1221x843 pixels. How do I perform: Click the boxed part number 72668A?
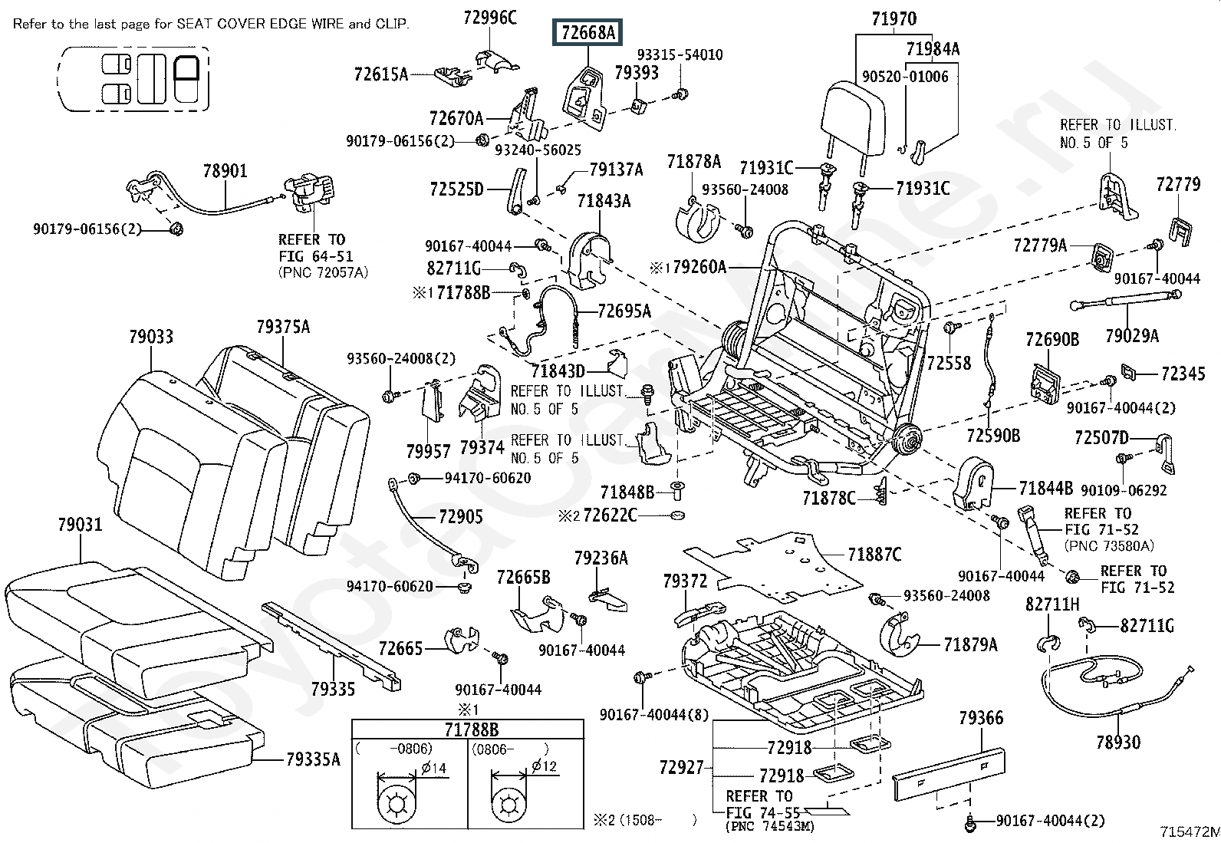[x=587, y=33]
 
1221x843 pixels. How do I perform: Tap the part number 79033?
[x=151, y=337]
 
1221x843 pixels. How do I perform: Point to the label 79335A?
[x=313, y=759]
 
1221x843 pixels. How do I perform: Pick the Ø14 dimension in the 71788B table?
[x=434, y=768]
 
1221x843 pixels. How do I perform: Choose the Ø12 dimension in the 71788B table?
[x=544, y=766]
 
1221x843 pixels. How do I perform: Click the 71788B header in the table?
[x=471, y=729]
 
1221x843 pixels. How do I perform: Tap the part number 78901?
[x=225, y=171]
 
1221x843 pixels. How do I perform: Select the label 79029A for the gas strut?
[x=1131, y=335]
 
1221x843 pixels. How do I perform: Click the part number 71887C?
[x=874, y=555]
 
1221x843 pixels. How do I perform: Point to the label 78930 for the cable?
[x=1118, y=742]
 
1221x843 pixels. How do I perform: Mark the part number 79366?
[x=981, y=718]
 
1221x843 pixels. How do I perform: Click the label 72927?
[x=681, y=767]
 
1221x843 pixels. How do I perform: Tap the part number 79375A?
[x=283, y=327]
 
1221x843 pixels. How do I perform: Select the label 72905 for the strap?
[x=461, y=515]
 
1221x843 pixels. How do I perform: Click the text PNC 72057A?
[x=323, y=272]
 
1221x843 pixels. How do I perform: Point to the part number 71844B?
[x=1046, y=488]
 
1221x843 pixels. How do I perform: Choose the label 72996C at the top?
[x=490, y=18]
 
